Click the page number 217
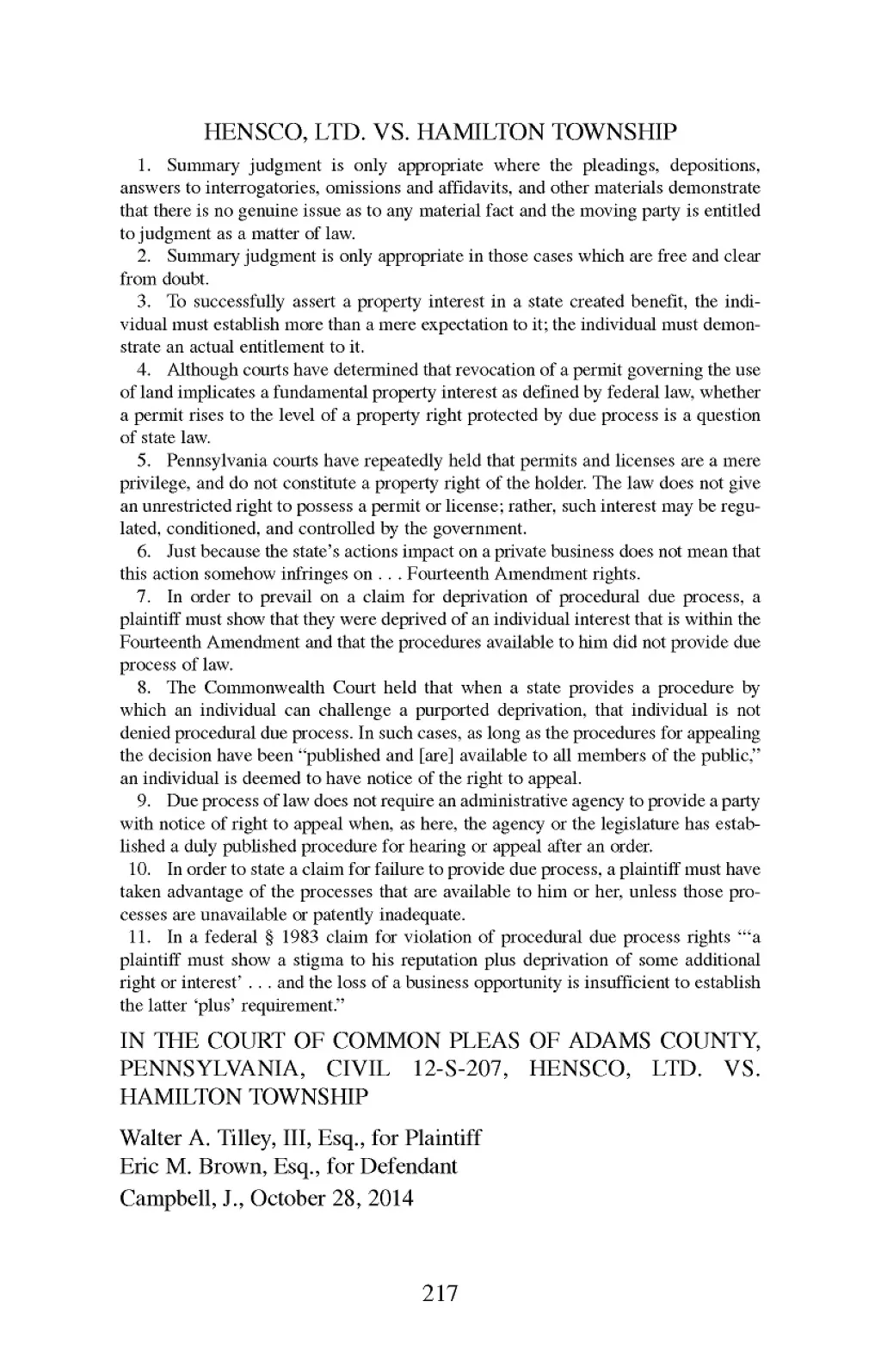tap(440, 1292)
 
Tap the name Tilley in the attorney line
tap(225, 1138)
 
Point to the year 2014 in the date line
tap(389, 1198)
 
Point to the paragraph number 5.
tap(145, 461)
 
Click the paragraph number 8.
tap(145, 688)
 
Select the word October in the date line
tap(297, 1198)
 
